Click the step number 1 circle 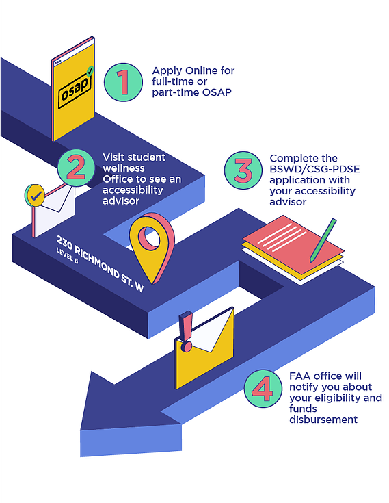tap(123, 82)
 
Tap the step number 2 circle tap(77, 168)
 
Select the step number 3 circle tap(243, 170)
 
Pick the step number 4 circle tap(263, 389)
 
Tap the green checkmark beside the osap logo tap(90, 71)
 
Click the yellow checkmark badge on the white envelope tap(36, 195)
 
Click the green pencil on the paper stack tap(323, 240)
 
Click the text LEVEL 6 tap(67, 256)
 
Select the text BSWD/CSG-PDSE tap(314, 169)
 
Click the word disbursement tap(323, 420)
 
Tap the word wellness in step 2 tap(124, 168)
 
